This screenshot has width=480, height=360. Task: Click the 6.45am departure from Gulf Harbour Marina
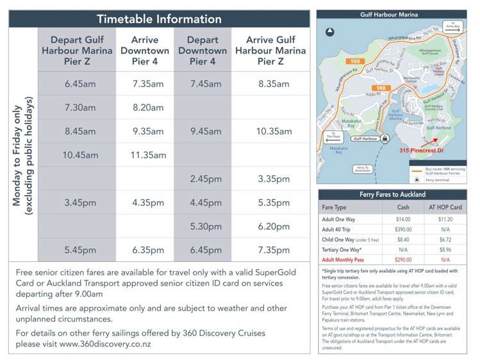(x=80, y=83)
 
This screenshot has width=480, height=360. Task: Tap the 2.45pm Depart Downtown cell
(x=202, y=179)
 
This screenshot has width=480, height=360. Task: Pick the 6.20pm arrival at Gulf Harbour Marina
(x=274, y=226)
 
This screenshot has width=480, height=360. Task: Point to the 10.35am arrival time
(x=274, y=131)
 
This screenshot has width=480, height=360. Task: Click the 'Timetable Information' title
(x=159, y=19)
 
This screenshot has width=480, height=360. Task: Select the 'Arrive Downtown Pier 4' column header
(x=144, y=51)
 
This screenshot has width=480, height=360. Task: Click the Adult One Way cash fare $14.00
(x=403, y=219)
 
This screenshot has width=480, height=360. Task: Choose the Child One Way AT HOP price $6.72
(x=444, y=240)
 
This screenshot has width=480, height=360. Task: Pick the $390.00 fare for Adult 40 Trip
(x=403, y=229)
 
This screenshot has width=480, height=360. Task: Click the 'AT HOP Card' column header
(x=444, y=208)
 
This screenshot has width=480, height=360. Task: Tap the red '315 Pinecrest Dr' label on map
(x=421, y=151)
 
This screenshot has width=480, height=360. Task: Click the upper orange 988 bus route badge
(x=352, y=61)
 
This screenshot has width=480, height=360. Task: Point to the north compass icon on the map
(x=330, y=32)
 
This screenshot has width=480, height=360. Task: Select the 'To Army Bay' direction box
(x=453, y=27)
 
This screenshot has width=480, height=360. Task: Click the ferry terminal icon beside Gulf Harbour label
(x=385, y=138)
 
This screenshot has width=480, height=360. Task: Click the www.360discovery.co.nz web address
(x=105, y=344)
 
